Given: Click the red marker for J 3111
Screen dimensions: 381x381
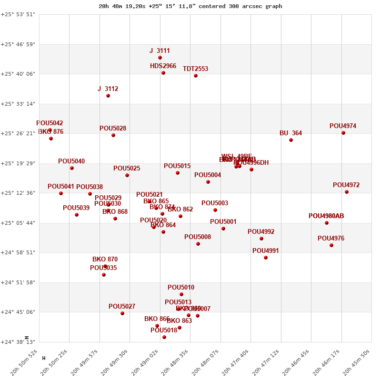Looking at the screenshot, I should click(160, 58).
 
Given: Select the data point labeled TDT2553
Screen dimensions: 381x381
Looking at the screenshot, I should click(196, 76).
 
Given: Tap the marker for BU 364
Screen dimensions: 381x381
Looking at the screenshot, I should click(291, 140).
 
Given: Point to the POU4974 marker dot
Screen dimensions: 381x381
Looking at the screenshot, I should click(343, 133).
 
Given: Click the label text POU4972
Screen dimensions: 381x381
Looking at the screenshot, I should click(346, 185).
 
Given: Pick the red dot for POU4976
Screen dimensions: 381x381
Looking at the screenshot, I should click(331, 245).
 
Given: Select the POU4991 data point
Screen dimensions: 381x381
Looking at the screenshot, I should click(266, 258).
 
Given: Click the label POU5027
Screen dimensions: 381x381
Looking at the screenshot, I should click(122, 306).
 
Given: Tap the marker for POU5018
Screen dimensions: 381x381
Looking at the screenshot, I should click(164, 337).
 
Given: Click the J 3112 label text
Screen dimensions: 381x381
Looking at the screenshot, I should click(108, 89).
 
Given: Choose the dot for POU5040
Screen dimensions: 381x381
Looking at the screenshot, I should click(72, 168).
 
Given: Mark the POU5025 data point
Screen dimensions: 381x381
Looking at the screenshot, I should click(127, 175).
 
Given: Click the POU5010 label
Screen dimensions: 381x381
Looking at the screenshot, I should click(181, 287).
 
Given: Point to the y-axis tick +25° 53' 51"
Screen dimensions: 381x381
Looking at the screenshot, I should click(18, 14).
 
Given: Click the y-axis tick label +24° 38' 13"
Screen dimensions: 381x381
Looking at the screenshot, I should click(18, 342).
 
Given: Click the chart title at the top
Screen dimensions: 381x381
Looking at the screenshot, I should click(190, 6).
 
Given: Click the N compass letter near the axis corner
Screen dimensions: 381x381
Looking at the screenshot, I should click(27, 337).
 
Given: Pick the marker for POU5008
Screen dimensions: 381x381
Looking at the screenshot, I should click(198, 244).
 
